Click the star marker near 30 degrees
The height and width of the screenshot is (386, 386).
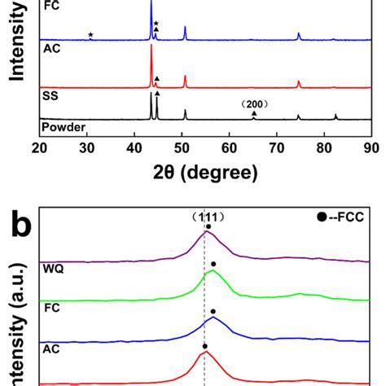(x=90, y=34)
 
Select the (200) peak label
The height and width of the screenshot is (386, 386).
(x=255, y=104)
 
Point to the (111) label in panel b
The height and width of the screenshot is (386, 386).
(x=205, y=217)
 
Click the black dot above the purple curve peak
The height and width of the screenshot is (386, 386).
(x=208, y=227)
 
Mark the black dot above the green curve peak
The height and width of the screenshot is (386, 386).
(x=213, y=264)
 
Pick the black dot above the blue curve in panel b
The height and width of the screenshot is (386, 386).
(x=213, y=311)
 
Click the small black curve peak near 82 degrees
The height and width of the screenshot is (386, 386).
(x=336, y=117)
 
